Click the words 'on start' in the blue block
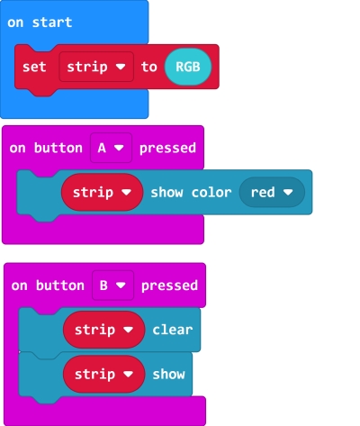point(40,23)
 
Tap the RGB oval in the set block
point(188,67)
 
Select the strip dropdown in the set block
point(96,67)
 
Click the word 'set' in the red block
point(34,67)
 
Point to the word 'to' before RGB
point(149,67)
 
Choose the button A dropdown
point(111,148)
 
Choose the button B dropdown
point(112,286)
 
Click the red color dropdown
point(272,192)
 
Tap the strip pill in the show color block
point(102,192)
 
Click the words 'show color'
point(191,193)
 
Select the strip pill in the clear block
point(103,330)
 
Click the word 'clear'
point(173,330)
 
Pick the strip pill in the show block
point(103,374)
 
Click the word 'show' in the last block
point(168,375)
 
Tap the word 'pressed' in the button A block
point(167,149)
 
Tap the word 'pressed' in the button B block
point(169,286)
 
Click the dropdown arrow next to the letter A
point(119,148)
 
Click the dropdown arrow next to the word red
point(288,192)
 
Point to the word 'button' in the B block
point(60,286)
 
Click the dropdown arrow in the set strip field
point(121,67)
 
